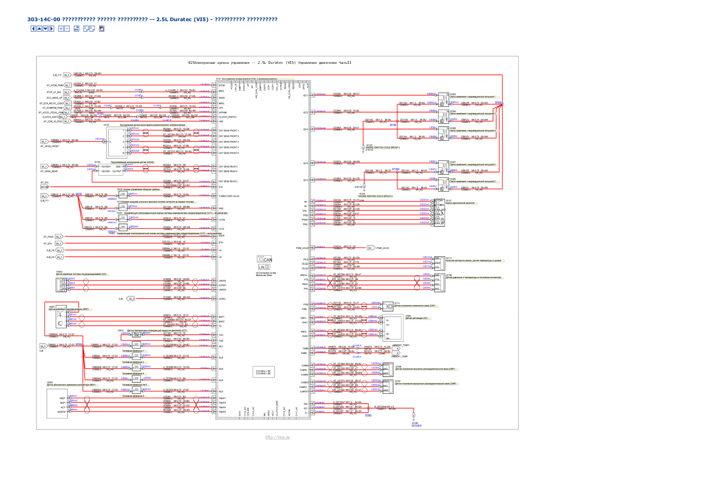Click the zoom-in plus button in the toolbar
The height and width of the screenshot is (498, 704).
coord(61,29)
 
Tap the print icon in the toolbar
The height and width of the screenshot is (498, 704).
coord(102,29)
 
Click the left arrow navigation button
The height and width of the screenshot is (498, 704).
coord(33,29)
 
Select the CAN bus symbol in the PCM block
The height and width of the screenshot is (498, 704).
coord(264,260)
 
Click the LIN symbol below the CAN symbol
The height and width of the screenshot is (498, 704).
coord(264,267)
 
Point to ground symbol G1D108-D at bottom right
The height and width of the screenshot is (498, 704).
coord(414,416)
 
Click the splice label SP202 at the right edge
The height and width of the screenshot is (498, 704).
coord(498,102)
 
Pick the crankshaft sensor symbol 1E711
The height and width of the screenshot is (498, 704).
coord(387,306)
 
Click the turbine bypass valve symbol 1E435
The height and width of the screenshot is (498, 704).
coord(123,194)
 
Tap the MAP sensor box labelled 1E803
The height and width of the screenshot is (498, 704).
coord(57,404)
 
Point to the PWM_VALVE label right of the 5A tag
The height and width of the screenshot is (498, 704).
coord(382,248)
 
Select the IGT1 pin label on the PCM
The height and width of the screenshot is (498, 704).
coord(306,96)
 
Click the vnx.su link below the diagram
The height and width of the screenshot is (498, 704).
coord(278,437)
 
